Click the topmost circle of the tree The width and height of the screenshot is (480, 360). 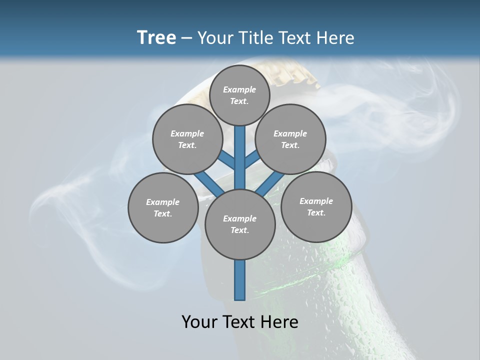click(239, 95)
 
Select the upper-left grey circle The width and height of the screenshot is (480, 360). click(187, 139)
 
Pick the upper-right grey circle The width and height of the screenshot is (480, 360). click(290, 139)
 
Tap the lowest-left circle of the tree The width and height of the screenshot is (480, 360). click(163, 207)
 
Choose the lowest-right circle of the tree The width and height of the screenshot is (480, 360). click(316, 206)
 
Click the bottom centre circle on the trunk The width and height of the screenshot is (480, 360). click(240, 224)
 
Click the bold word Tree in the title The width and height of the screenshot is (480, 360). click(156, 37)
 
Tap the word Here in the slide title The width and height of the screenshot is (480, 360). click(335, 38)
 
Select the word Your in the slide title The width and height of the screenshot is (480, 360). click(215, 38)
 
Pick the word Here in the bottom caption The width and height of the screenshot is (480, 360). click(279, 322)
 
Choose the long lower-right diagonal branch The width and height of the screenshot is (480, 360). click(270, 183)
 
